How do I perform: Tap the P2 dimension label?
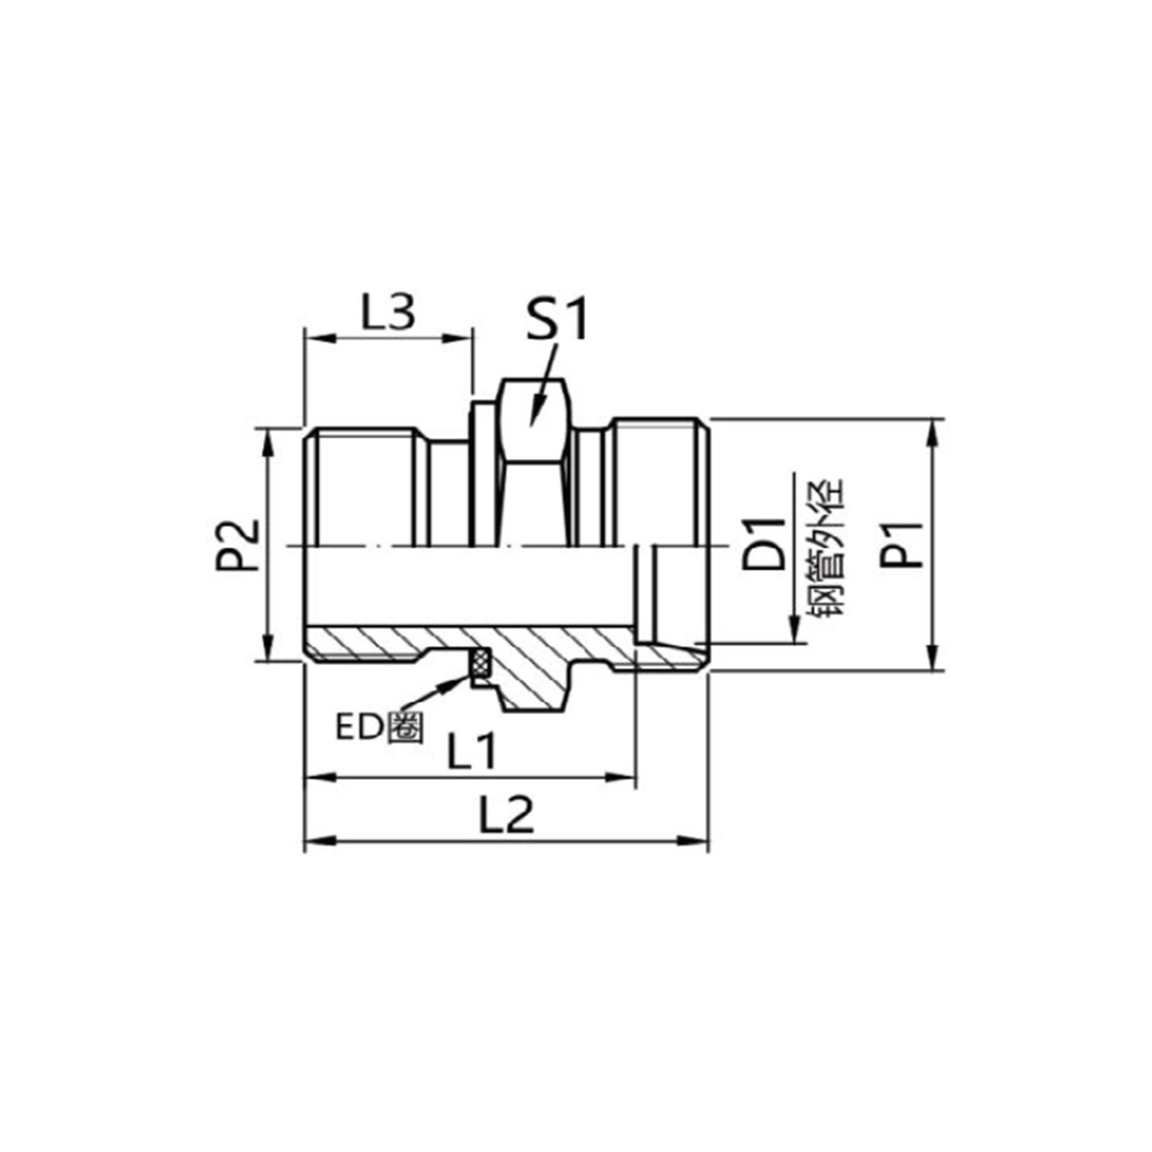pos(238,546)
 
